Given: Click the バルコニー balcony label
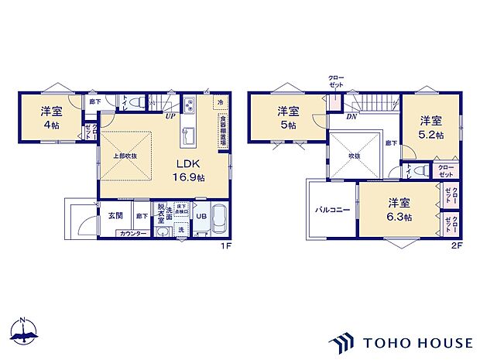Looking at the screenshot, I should tap(332, 210).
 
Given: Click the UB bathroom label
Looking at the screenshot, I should tap(200, 217).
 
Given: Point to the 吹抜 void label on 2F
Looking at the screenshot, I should tap(353, 155).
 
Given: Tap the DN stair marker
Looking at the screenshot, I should tap(351, 117).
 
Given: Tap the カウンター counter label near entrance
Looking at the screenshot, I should tap(132, 232).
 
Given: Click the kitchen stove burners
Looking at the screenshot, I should tap(190, 106).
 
